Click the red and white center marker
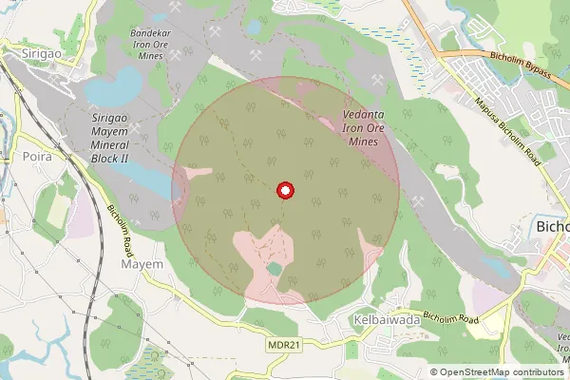tap(284, 191)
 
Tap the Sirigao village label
tap(42, 55)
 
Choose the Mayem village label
tap(142, 263)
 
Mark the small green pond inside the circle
tap(274, 270)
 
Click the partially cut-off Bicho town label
tap(552, 227)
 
